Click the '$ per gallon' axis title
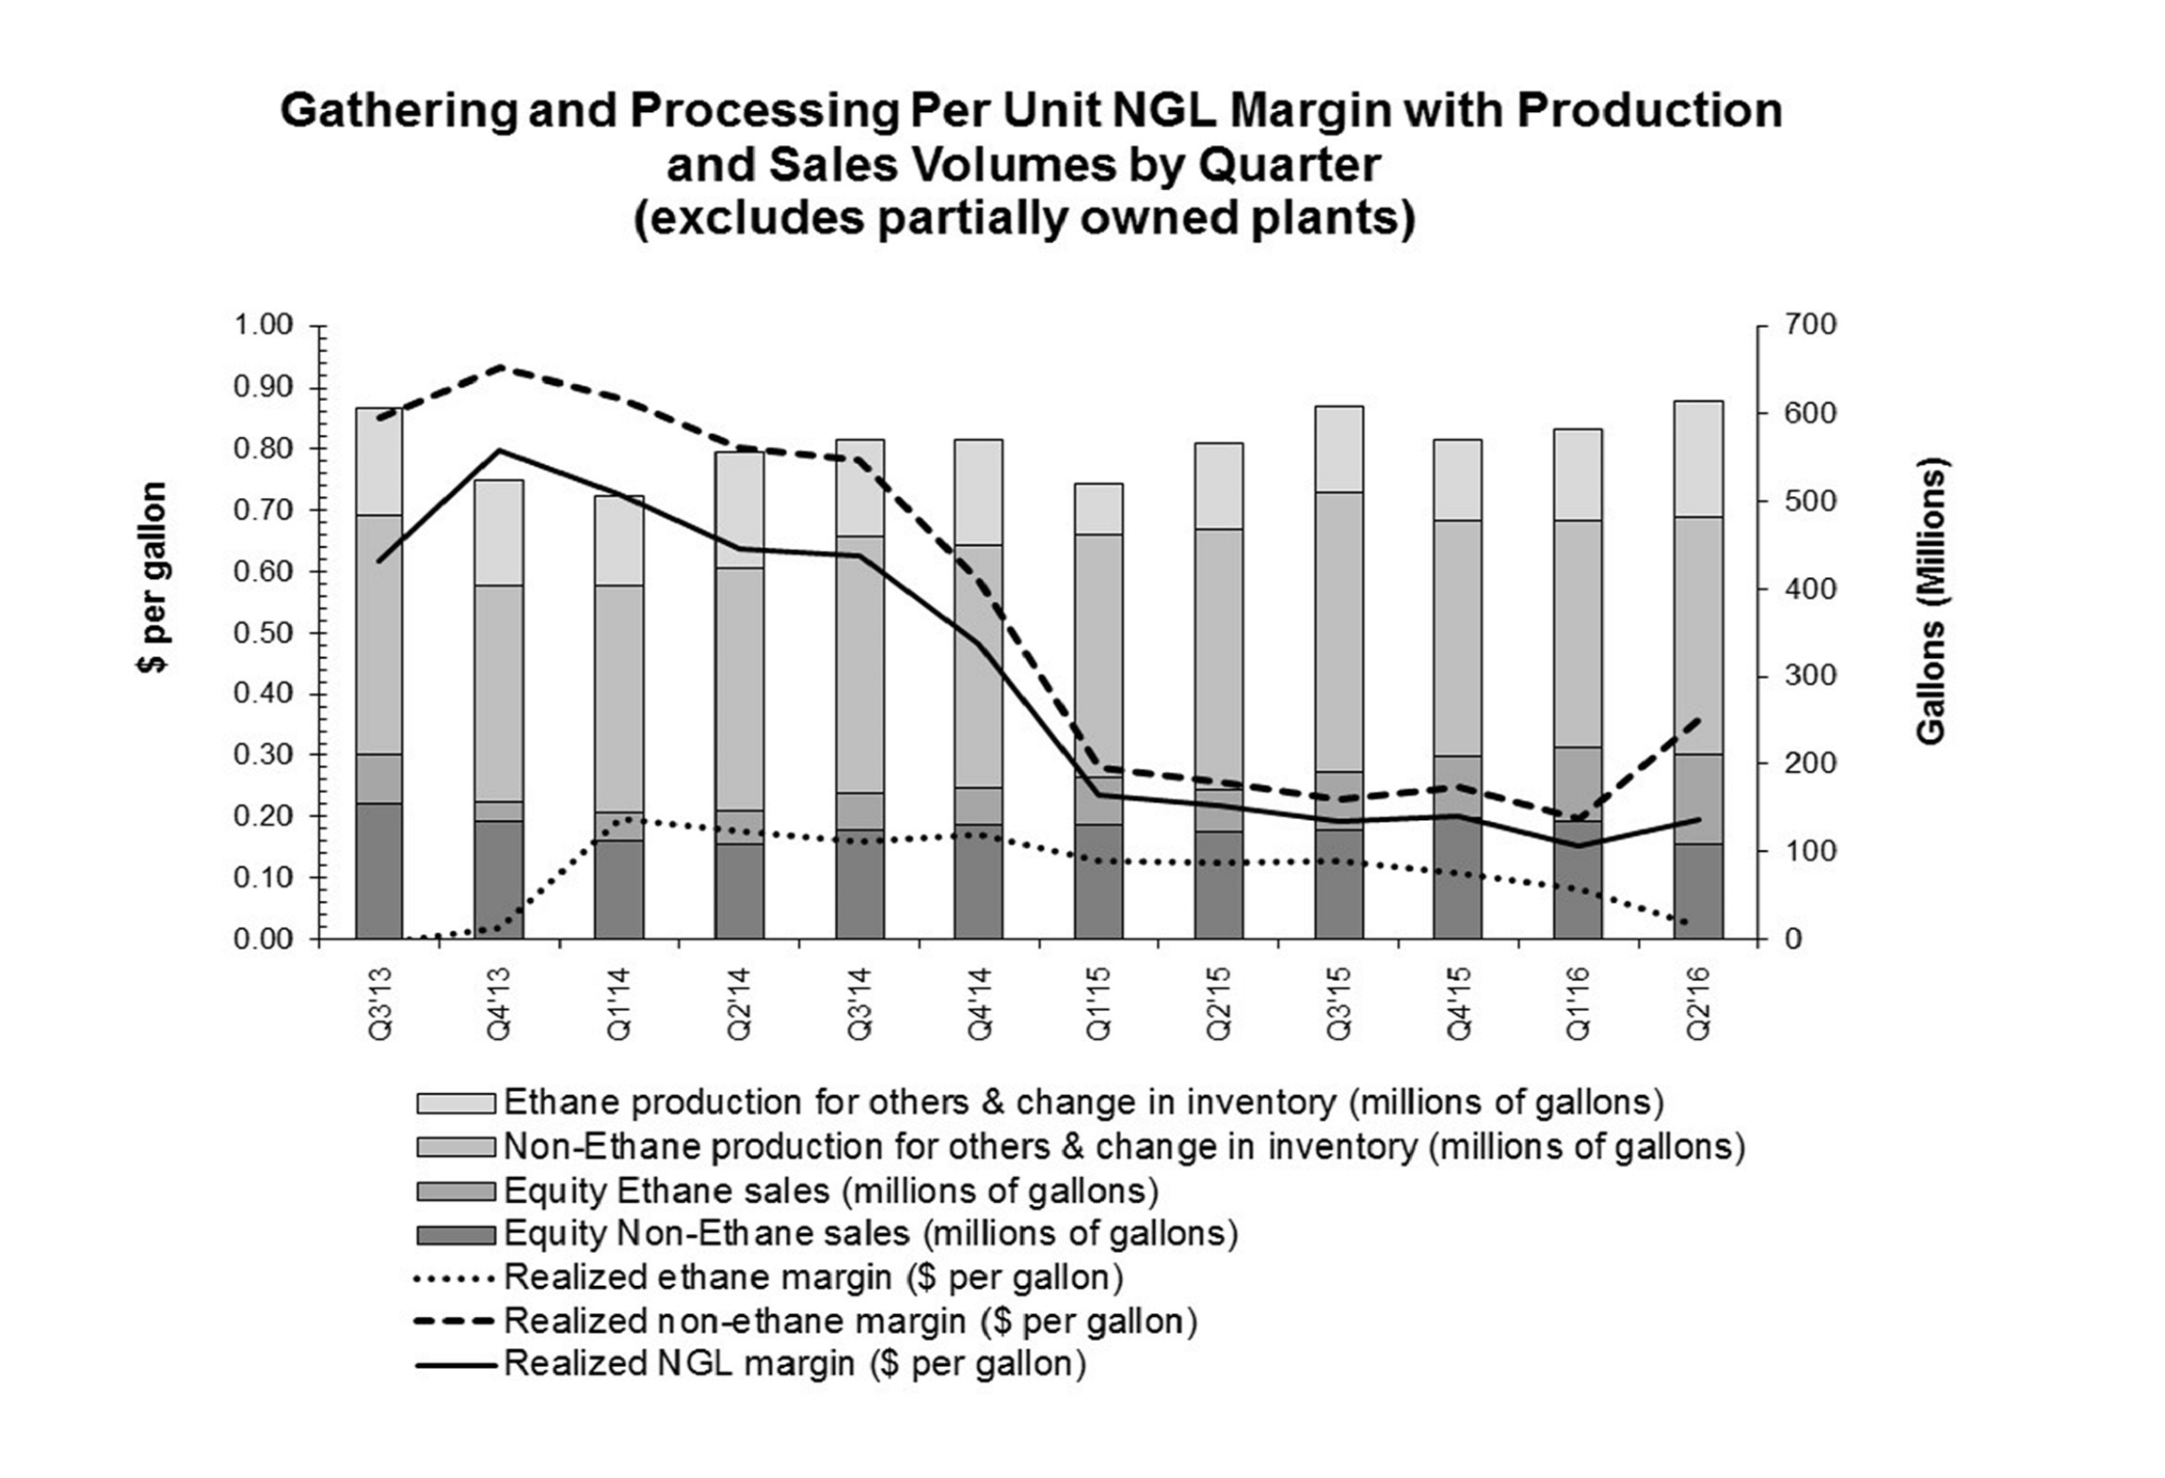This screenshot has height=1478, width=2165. (x=152, y=577)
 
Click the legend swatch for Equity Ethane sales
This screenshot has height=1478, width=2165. (x=455, y=1192)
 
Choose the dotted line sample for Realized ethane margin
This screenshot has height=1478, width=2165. (x=455, y=1278)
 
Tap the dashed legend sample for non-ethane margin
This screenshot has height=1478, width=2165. (x=455, y=1322)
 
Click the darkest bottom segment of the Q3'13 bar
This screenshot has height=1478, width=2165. (x=379, y=871)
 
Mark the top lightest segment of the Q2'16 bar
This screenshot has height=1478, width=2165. (x=1698, y=458)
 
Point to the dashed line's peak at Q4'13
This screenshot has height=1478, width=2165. (x=500, y=367)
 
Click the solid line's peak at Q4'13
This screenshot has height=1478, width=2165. (x=500, y=451)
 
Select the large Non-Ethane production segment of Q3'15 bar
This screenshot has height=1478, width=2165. (x=1339, y=631)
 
